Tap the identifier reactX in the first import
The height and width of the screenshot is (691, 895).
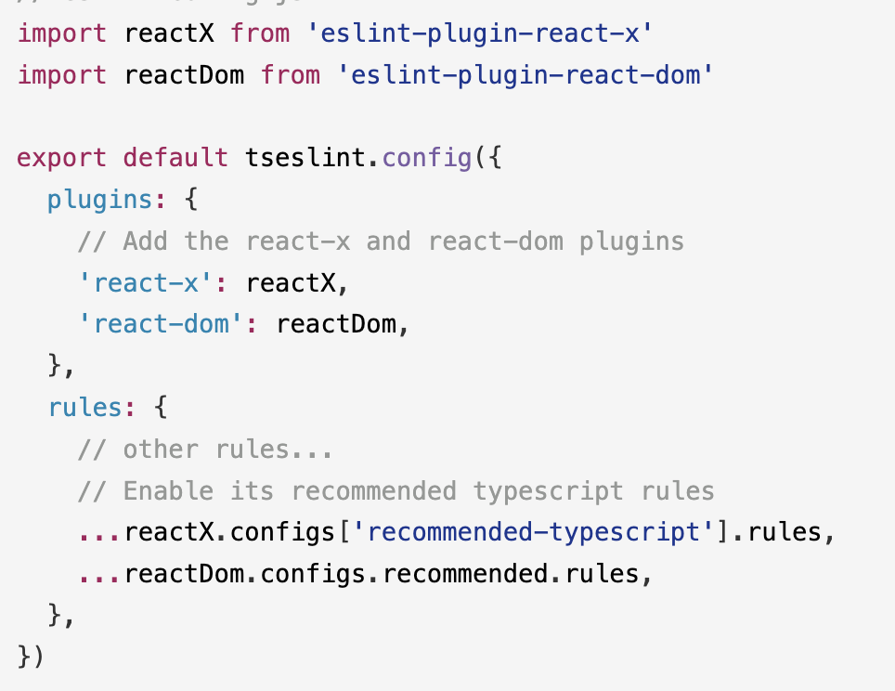tap(169, 33)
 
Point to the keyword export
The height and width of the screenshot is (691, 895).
tap(62, 157)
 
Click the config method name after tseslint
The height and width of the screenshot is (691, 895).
tap(426, 157)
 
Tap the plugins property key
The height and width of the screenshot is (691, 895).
tap(99, 199)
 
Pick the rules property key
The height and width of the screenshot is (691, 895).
tap(84, 407)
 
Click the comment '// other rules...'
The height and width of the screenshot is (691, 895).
tap(205, 449)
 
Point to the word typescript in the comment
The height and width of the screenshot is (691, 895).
tap(548, 490)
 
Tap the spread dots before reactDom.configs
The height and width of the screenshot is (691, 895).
tap(100, 574)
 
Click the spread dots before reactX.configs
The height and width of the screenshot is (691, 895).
tap(100, 532)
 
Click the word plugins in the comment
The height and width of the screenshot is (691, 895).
tap(631, 241)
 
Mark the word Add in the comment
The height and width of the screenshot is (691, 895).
tap(146, 241)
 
